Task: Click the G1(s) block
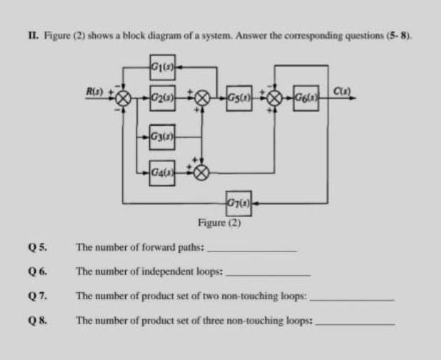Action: [x=162, y=68]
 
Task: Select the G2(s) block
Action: [x=162, y=96]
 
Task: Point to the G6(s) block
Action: [x=305, y=96]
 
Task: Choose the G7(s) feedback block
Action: [x=238, y=204]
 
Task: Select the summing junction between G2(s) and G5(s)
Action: [x=202, y=97]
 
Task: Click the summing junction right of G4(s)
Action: [x=202, y=171]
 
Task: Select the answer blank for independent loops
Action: [x=268, y=274]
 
